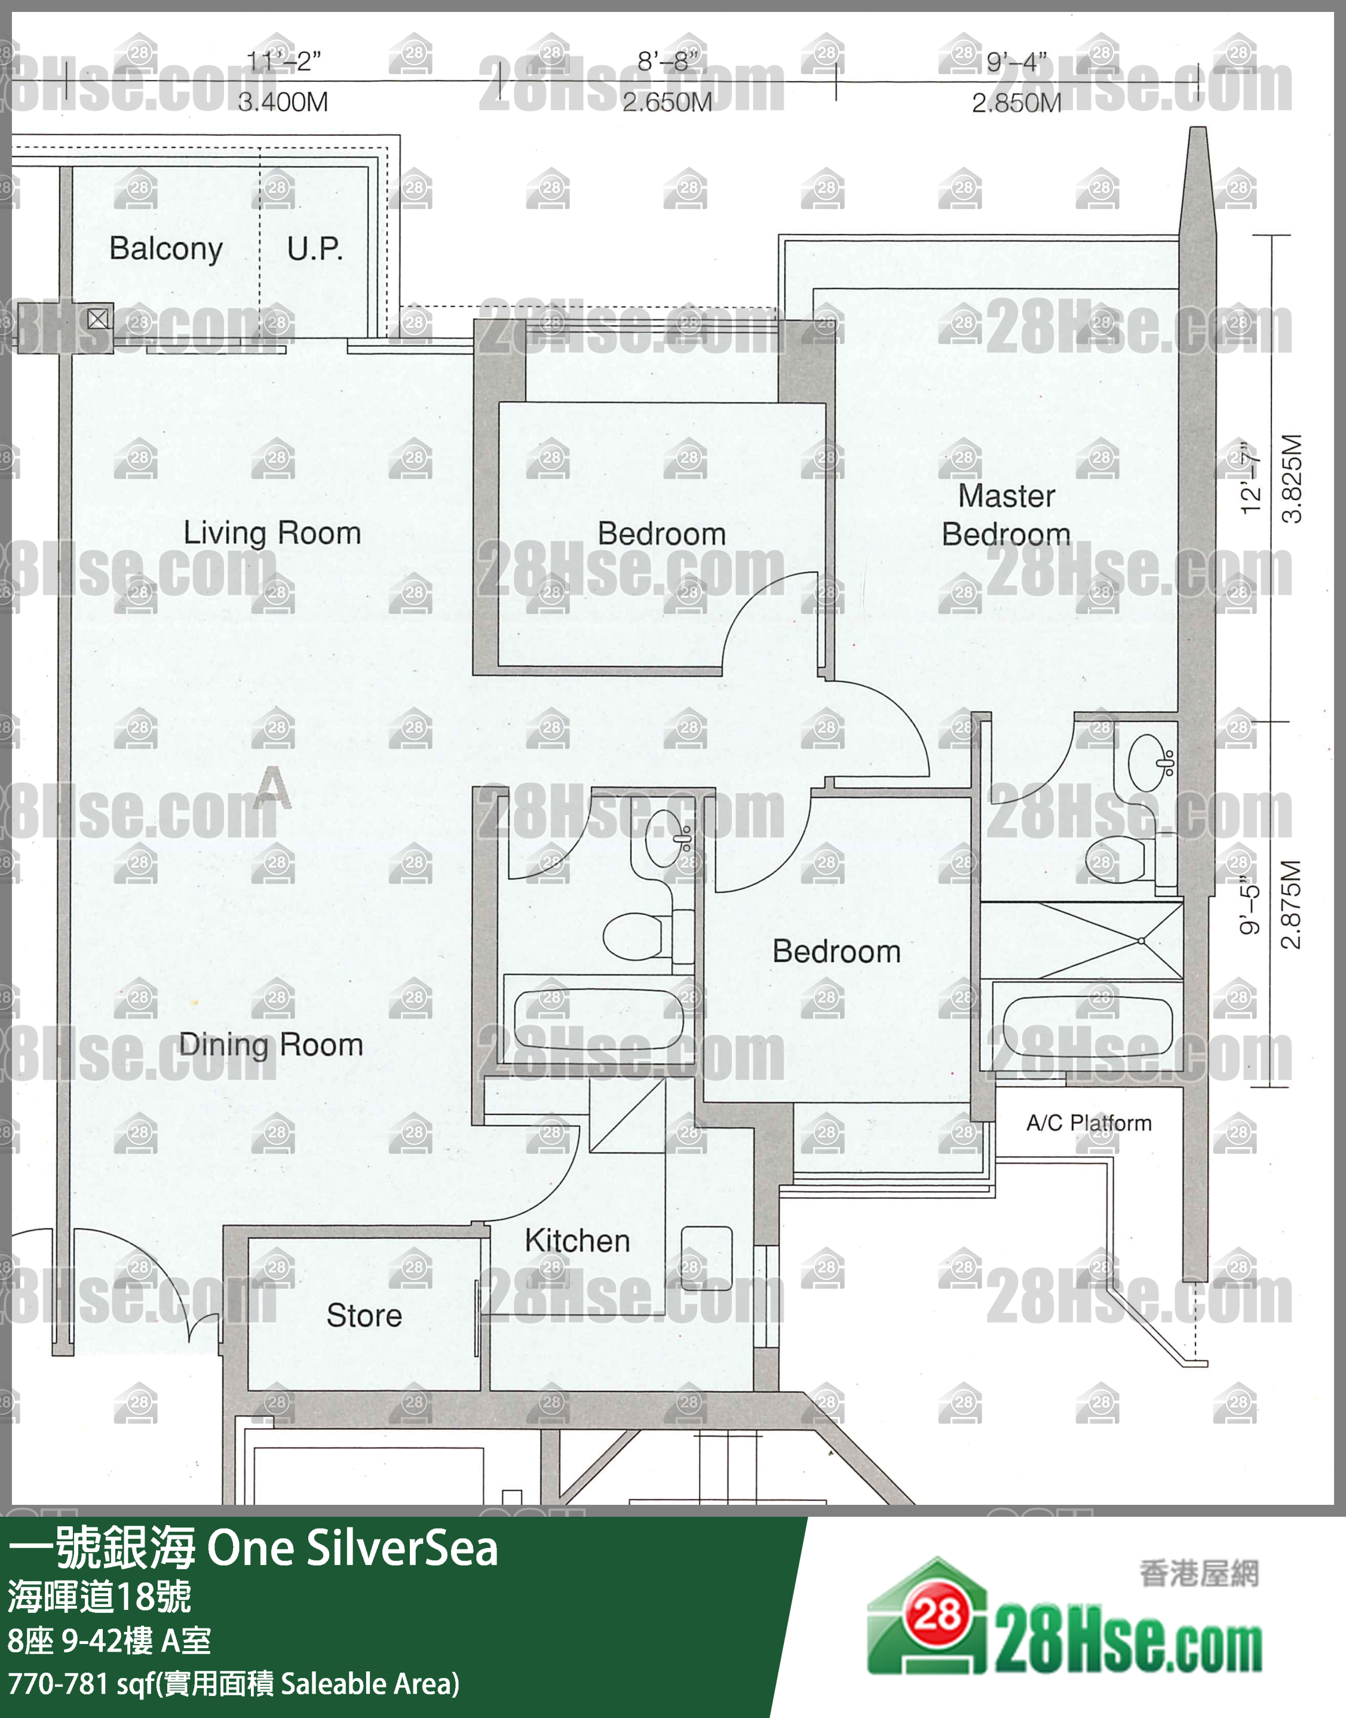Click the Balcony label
(165, 249)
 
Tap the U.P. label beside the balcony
(314, 249)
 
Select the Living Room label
(272, 533)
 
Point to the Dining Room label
(271, 1044)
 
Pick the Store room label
(364, 1316)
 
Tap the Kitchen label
(578, 1241)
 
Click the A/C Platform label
(1089, 1123)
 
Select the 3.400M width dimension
(283, 102)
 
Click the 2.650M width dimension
(667, 102)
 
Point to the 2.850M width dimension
(1017, 102)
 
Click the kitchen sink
(707, 1258)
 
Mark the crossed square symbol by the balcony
(98, 318)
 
